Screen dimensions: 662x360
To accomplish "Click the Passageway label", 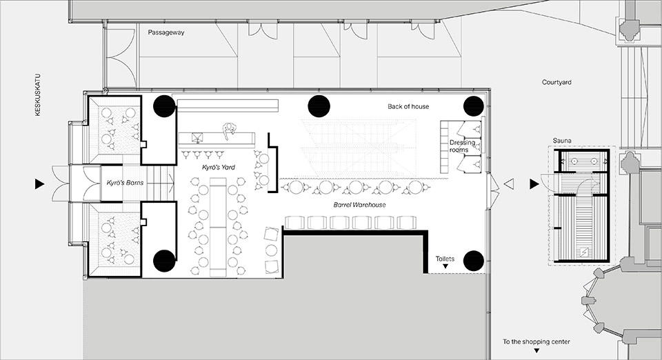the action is coord(166,32).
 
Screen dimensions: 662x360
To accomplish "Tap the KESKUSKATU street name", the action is coord(38,95).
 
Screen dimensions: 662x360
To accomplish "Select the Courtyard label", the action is coord(556,82).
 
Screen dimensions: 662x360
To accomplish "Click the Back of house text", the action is coord(408,106).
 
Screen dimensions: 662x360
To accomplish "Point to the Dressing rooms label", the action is coord(462,146).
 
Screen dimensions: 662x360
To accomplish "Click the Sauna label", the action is coord(562,141).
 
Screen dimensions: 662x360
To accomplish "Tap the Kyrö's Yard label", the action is coord(219,167).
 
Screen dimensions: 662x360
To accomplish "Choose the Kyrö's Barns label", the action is coord(125,183).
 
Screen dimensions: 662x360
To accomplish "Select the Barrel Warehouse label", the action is coord(360,205).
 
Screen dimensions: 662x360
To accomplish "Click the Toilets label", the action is coord(445,259).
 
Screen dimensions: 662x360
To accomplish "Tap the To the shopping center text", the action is coord(536,341).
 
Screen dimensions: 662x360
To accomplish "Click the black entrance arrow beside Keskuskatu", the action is coord(40,183).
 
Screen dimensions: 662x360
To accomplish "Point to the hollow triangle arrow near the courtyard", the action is coord(509,184).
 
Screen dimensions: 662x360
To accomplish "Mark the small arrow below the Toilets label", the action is coord(445,266).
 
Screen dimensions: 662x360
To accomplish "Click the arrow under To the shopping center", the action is coord(536,350).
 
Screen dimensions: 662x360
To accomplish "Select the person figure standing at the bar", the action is coord(229,130).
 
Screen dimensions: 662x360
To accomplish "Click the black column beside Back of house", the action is coord(473,106).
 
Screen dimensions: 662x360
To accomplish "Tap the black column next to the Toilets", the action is coord(473,261).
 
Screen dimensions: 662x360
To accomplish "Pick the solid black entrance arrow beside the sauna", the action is coord(534,184).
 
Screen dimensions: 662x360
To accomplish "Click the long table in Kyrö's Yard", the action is coord(219,227).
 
